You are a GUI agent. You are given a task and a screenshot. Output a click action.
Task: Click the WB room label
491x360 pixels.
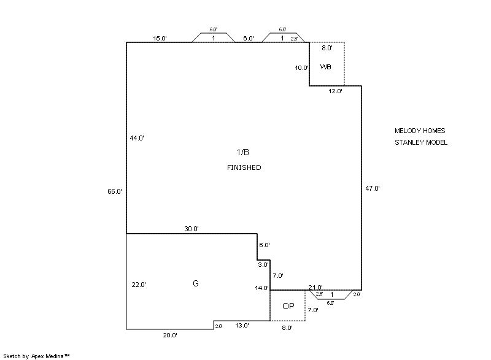[x=325, y=67]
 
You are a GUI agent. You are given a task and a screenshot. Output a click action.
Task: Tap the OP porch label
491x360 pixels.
[x=288, y=306]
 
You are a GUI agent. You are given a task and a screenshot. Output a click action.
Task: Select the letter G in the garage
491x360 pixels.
[x=196, y=283]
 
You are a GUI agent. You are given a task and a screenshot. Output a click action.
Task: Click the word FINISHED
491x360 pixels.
[x=244, y=167]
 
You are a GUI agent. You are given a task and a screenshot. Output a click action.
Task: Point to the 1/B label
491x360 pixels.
[x=244, y=151]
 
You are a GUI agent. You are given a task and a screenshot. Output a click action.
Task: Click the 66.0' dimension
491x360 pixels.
[x=115, y=192]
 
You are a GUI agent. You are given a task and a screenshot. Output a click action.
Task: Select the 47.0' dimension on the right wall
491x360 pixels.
[x=373, y=189]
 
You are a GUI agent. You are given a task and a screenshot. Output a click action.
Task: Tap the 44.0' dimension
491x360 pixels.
[x=137, y=138]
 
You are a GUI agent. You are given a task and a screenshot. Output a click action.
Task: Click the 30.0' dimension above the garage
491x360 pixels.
[x=191, y=229]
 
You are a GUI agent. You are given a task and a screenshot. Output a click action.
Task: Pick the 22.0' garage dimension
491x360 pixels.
[x=139, y=285]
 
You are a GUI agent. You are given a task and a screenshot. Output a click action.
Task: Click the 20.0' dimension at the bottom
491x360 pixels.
[x=170, y=335]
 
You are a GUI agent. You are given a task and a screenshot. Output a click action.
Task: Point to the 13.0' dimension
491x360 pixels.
[x=242, y=326]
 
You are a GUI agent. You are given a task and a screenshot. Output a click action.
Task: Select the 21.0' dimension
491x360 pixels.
[x=315, y=287]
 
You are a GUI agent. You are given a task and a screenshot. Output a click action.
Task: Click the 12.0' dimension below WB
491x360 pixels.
[x=335, y=91]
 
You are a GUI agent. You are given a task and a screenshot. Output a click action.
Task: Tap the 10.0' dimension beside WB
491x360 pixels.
[x=301, y=68]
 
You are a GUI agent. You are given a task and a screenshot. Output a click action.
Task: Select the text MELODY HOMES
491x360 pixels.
[x=420, y=131]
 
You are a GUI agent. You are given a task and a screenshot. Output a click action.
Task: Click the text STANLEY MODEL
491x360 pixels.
[x=421, y=143]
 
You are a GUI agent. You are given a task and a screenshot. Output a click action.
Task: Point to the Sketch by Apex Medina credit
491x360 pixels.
[x=37, y=355]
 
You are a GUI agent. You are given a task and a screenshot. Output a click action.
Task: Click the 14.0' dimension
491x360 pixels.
[x=262, y=288]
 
